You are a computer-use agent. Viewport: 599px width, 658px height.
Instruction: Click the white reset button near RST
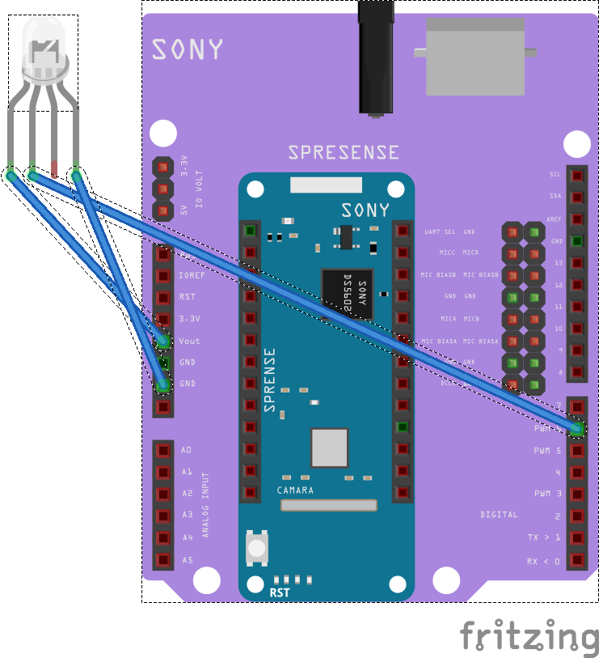[x=257, y=547]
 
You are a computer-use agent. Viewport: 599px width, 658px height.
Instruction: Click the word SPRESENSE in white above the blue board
[x=344, y=152]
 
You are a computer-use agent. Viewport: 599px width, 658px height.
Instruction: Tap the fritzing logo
[x=529, y=635]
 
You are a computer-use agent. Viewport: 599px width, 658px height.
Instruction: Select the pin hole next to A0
[x=163, y=450]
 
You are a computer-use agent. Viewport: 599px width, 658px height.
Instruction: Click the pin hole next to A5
[x=163, y=559]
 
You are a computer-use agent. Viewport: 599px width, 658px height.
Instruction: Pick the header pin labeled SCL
[x=577, y=175]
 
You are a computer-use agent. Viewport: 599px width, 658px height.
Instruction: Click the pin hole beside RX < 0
[x=577, y=560]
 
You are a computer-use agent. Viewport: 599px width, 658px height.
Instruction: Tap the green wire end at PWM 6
[x=577, y=428]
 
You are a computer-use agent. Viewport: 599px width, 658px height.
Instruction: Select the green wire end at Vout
[x=164, y=342]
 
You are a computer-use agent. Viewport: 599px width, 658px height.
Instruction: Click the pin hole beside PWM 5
[x=577, y=450]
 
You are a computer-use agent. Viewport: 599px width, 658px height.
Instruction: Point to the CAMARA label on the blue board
[x=295, y=490]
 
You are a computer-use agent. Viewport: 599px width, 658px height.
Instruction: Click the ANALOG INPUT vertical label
[x=205, y=505]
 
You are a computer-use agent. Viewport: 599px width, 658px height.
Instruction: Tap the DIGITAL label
[x=499, y=515]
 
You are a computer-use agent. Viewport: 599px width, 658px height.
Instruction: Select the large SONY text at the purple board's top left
[x=187, y=49]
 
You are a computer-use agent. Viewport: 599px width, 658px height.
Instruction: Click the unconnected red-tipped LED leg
[x=54, y=170]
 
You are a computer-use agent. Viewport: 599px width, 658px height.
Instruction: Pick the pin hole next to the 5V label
[x=163, y=210]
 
